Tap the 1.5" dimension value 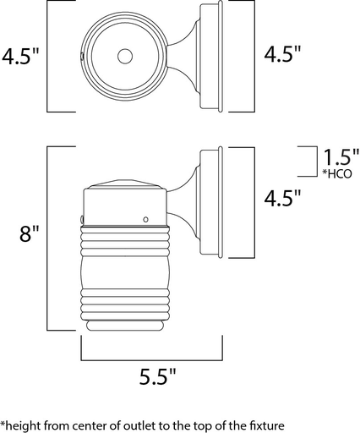click(341, 158)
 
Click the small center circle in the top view click(126, 57)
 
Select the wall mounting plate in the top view click(211, 57)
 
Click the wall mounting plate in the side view click(211, 203)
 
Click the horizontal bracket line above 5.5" click(151, 359)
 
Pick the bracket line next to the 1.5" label click(309, 160)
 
